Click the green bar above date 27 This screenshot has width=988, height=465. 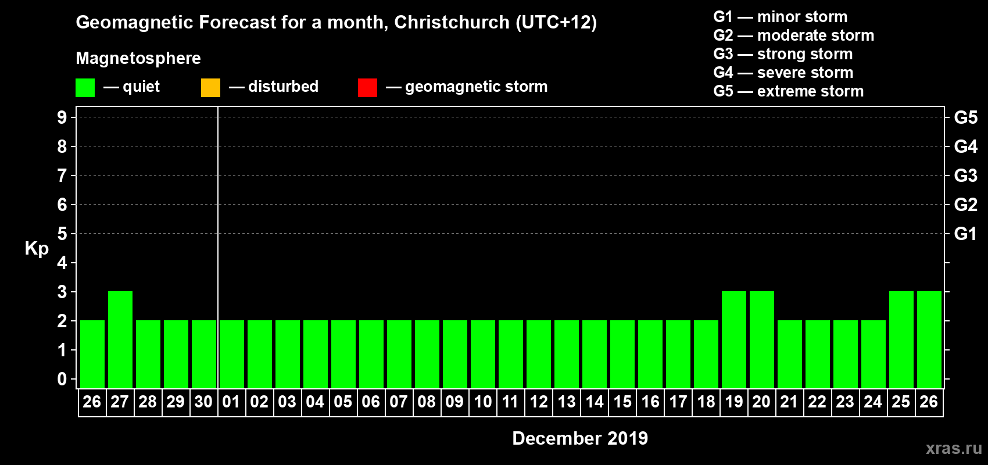coord(120,339)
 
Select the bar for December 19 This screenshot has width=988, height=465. coord(734,339)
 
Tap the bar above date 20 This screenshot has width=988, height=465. coord(762,339)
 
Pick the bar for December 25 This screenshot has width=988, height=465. coord(901,339)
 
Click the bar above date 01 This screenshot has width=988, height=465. coord(232,354)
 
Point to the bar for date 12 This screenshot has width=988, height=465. coord(539,354)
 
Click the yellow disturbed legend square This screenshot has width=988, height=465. coord(210,88)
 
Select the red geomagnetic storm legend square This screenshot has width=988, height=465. coord(367,88)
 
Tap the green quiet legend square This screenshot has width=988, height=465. coord(85,88)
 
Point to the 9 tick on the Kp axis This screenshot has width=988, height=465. coord(62,117)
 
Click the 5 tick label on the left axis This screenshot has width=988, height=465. coord(62,234)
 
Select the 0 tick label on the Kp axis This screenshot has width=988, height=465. coord(62,379)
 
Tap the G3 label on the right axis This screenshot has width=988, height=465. coord(965,176)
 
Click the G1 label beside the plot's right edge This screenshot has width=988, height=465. coord(965,234)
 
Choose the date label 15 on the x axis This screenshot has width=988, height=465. coord(622,402)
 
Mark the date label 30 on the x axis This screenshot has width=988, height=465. coord(203,402)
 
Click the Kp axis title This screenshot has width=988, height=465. coord(37,249)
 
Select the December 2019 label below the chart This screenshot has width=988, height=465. coord(580,438)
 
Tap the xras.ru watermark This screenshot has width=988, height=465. coord(954,448)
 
